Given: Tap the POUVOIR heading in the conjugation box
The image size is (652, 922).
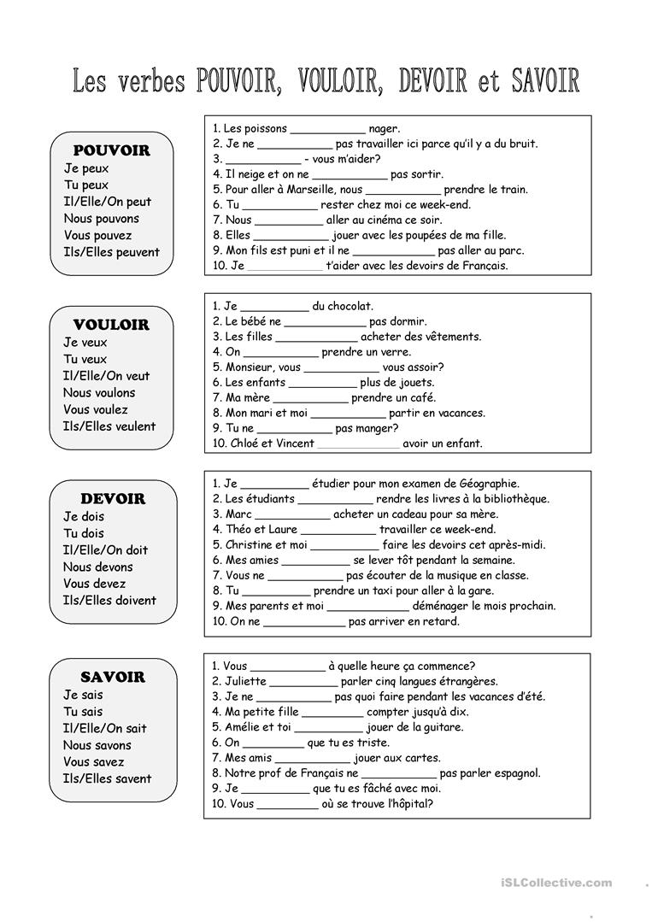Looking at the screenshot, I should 111,150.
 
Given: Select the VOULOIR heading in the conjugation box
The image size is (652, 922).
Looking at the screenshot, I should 111,325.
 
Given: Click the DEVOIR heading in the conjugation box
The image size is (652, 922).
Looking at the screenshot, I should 113,499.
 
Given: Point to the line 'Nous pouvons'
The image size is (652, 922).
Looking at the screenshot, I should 101,219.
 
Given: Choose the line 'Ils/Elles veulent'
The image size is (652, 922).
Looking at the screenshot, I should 109,426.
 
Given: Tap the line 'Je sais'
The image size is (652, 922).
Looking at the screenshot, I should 83,695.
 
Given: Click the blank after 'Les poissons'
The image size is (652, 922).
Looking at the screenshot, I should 327,130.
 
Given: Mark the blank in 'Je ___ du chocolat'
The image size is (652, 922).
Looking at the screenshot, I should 274,307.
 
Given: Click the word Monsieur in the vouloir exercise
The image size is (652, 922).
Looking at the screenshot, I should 250,367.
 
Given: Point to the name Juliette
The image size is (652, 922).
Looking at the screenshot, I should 244,682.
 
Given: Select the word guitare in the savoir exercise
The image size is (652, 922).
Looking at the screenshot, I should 437,728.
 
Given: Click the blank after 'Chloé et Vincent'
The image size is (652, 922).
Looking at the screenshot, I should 358,444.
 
